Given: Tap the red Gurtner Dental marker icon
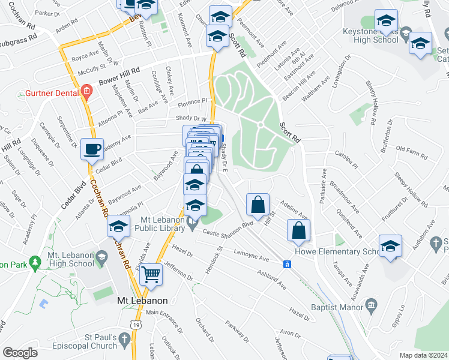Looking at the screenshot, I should point(86,92).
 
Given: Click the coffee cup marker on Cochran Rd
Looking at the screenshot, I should point(92,149).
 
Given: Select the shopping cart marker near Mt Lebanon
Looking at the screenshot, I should point(151,275).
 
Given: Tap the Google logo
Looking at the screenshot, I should point(20,353).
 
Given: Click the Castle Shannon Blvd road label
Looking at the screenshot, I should point(228,228).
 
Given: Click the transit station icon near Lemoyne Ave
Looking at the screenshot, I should point(288,264).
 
